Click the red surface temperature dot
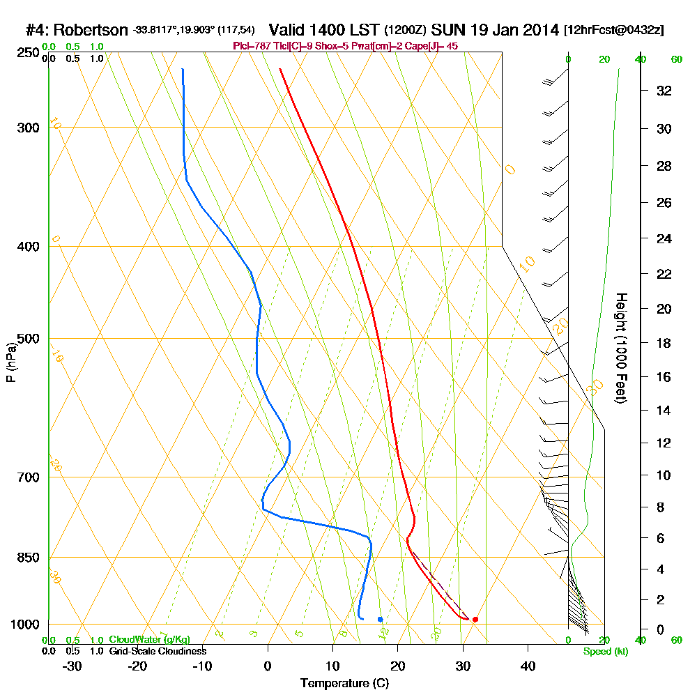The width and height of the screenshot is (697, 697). click(475, 619)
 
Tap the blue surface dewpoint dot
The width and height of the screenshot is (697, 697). click(380, 619)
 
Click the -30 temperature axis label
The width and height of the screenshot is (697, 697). click(72, 666)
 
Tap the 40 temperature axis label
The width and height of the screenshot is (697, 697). click(528, 666)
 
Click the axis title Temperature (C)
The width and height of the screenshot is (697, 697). click(344, 684)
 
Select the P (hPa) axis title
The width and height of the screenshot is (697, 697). click(11, 362)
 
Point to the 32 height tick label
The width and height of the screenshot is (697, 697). click(664, 91)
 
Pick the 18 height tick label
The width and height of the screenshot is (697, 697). click(664, 343)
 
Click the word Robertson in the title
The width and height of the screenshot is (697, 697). click(91, 31)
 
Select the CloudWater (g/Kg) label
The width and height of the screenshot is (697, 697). click(149, 640)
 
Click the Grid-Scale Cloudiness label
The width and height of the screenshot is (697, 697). click(157, 651)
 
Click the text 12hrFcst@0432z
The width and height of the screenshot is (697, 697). click(615, 31)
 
